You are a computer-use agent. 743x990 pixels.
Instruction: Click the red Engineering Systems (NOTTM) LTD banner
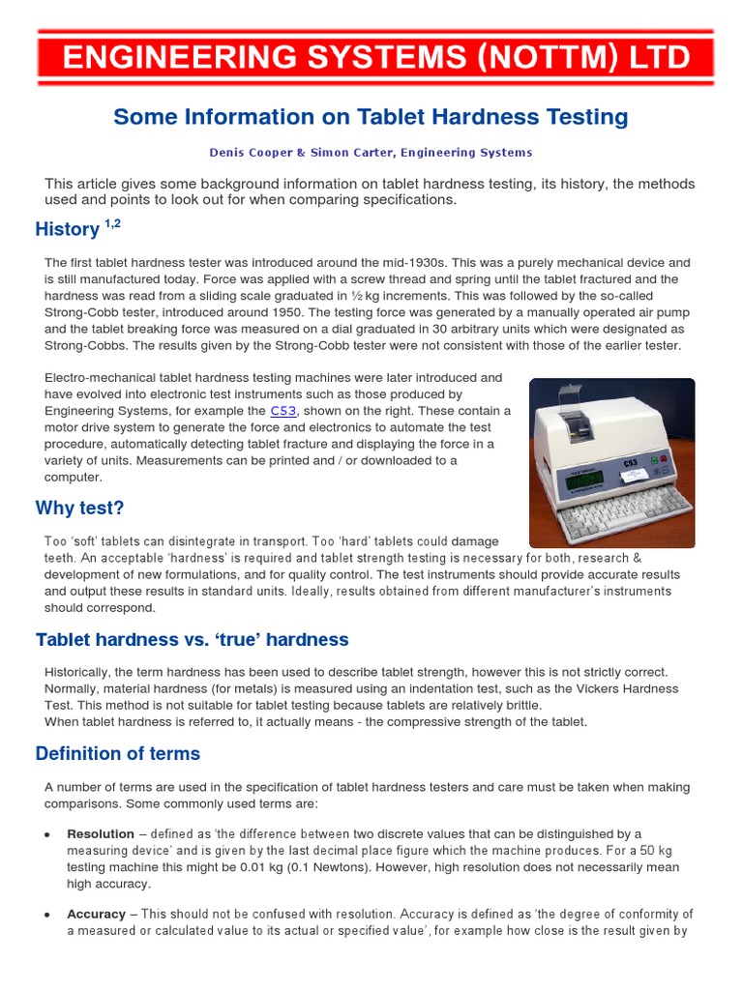[x=375, y=58]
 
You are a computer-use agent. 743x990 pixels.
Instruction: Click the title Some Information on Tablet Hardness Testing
[x=371, y=118]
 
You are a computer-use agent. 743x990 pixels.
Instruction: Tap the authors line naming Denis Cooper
[x=371, y=153]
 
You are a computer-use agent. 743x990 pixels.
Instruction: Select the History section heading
[x=67, y=230]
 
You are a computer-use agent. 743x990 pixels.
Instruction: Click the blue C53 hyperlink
[x=283, y=411]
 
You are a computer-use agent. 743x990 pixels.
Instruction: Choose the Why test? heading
[x=79, y=509]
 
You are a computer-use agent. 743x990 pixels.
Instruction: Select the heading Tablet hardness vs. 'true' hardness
[x=192, y=640]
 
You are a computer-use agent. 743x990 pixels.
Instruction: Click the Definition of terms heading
[x=117, y=754]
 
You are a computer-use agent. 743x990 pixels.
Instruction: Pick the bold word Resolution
[x=101, y=833]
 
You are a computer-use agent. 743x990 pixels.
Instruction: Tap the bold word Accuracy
[x=96, y=914]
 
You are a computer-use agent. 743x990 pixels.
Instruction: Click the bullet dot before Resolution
[x=46, y=833]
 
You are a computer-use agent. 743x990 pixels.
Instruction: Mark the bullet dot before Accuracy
[x=46, y=914]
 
